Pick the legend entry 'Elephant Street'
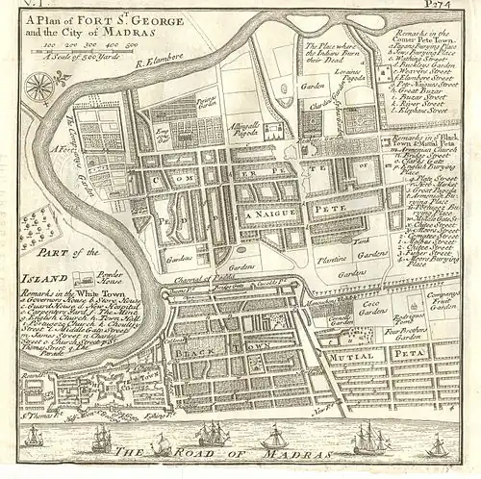point(431,112)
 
